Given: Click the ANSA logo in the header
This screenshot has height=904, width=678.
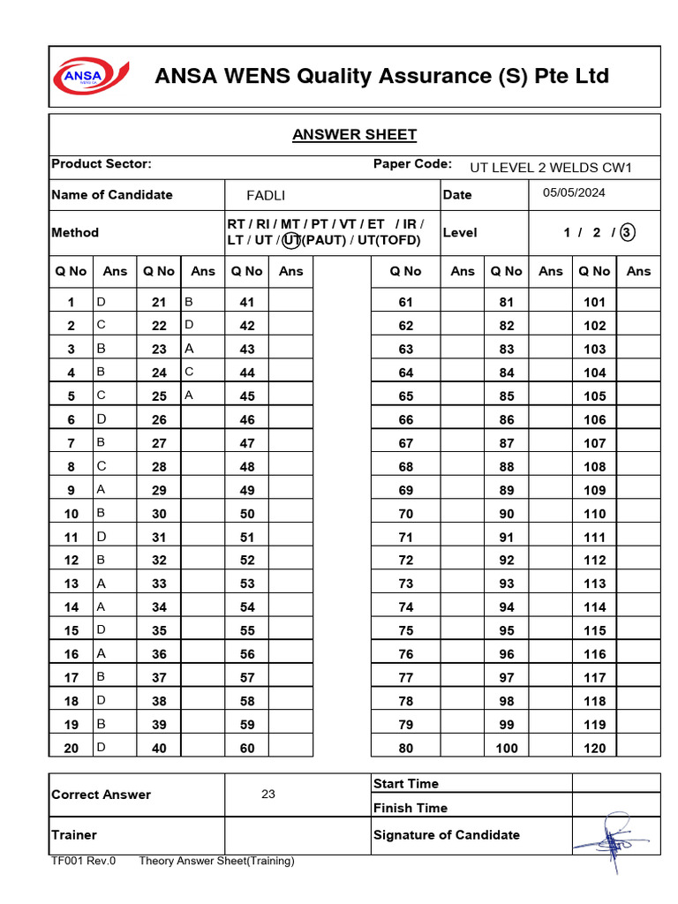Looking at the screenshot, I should (x=92, y=77).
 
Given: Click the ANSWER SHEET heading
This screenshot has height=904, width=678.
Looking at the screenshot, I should (x=354, y=134).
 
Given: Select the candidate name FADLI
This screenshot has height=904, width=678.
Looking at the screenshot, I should (x=266, y=195).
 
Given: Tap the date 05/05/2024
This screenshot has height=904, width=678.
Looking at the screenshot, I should (x=574, y=192).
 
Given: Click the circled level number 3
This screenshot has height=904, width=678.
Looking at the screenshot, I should (x=627, y=232).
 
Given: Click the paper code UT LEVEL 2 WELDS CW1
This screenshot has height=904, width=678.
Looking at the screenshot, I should (x=551, y=167).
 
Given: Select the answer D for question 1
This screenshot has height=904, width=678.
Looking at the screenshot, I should (x=101, y=302).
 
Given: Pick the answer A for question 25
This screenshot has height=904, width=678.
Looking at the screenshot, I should (x=189, y=395).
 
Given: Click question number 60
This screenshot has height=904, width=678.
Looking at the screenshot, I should (x=247, y=748).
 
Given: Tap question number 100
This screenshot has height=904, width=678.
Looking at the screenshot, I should (x=507, y=748).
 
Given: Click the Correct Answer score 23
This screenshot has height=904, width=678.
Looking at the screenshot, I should (x=268, y=794).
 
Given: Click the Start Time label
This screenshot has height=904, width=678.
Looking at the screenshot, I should (x=405, y=783).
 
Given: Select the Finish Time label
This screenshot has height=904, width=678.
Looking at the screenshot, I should (x=410, y=807).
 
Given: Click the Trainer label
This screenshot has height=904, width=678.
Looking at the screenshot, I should (x=74, y=834).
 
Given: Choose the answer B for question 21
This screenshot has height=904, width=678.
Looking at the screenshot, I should (x=189, y=302).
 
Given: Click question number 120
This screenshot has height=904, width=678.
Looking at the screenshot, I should (x=595, y=748).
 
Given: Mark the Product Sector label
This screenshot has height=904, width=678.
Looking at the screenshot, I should (x=102, y=163).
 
